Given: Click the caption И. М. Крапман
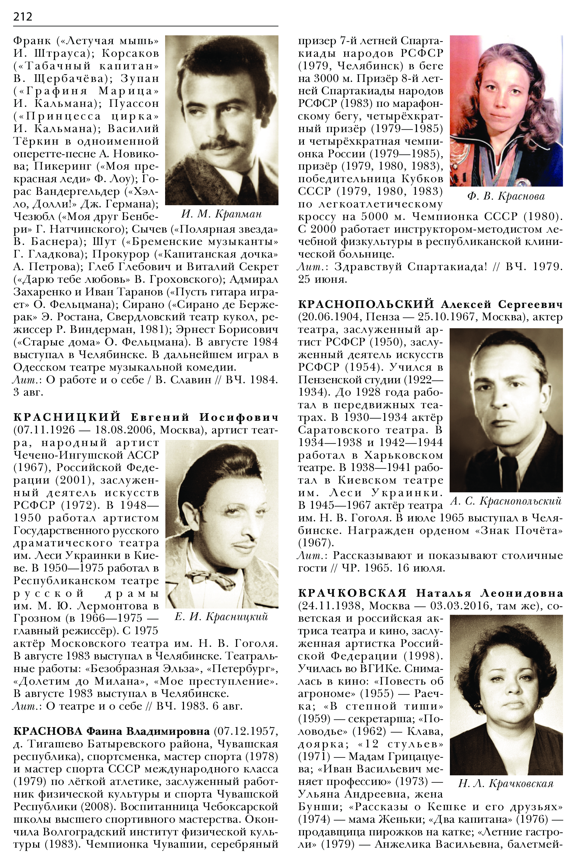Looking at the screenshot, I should point(221,213).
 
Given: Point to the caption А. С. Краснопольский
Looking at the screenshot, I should point(506,501).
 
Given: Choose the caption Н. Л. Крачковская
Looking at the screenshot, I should point(506,783).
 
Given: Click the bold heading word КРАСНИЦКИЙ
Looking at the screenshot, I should point(67,417).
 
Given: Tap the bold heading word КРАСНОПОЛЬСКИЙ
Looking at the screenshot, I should point(366,304).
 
